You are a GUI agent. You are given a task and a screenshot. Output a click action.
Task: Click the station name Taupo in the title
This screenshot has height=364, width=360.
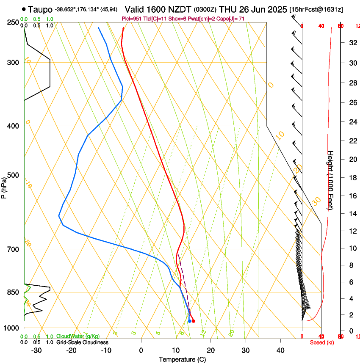pyautogui.click(x=41, y=9)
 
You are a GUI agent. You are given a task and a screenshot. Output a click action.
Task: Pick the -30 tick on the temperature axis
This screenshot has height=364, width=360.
pyautogui.click(x=36, y=350)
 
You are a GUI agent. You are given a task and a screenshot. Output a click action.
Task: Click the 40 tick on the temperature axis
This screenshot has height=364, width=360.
pyautogui.click(x=280, y=350)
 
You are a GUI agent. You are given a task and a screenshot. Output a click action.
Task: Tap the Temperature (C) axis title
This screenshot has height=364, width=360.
pyautogui.click(x=182, y=359)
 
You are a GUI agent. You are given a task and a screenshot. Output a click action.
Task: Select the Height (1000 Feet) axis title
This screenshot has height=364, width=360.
pyautogui.click(x=331, y=180)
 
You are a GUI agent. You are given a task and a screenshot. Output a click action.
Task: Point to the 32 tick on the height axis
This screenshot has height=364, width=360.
pyautogui.click(x=352, y=43)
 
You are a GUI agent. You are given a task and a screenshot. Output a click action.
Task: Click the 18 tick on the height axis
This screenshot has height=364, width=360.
pyautogui.click(x=352, y=178)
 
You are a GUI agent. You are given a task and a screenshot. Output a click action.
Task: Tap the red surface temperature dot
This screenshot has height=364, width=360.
pyautogui.click(x=193, y=321)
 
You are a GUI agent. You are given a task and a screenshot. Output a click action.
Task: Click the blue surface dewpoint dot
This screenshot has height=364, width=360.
pyautogui.click(x=189, y=321)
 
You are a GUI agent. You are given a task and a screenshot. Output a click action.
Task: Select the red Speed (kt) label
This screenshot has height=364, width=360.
pyautogui.click(x=321, y=342)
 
